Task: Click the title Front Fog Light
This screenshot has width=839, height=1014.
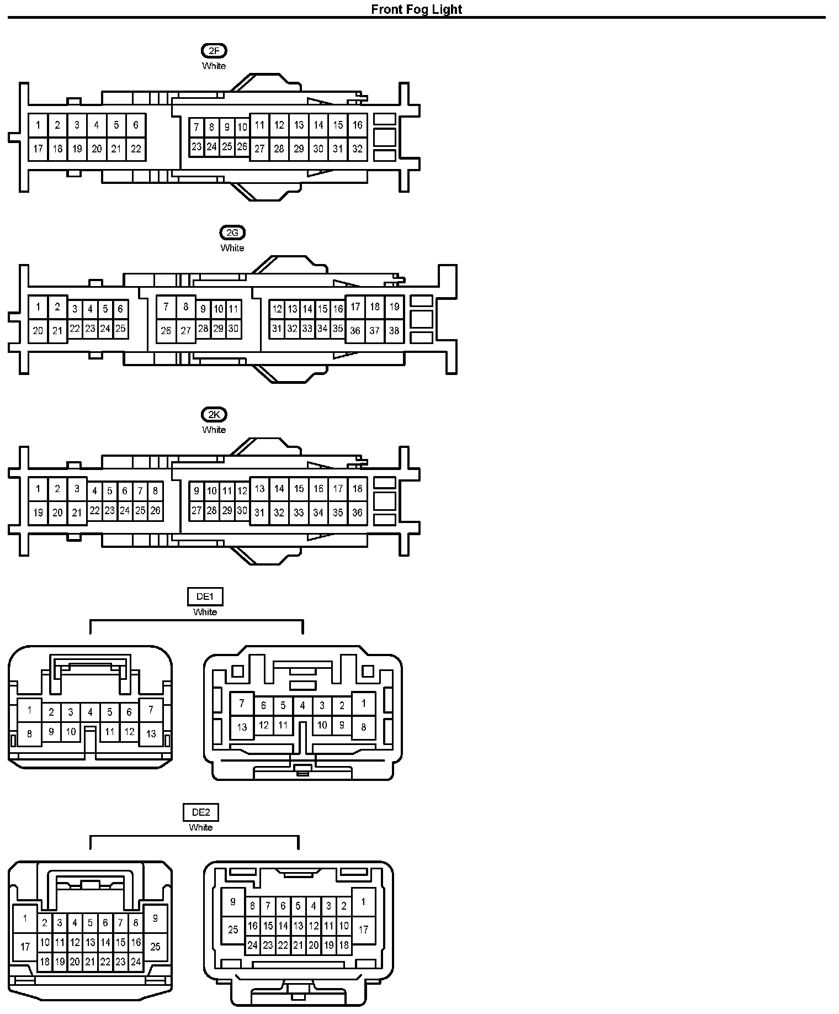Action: tap(417, 9)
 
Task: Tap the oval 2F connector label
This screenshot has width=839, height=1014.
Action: tap(214, 51)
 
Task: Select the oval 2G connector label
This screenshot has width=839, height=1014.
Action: tap(232, 233)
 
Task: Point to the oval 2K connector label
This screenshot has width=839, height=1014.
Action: tap(214, 415)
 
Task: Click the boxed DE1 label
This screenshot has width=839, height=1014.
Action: tap(205, 596)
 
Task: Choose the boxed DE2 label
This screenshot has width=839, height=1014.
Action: tap(200, 812)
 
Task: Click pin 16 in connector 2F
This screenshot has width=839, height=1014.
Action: tap(358, 125)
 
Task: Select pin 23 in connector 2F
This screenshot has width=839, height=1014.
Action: tap(197, 147)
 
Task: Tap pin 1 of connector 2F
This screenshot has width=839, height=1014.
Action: tap(38, 125)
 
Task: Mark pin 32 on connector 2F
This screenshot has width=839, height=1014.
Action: tap(358, 149)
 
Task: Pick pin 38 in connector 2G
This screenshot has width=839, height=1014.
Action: tap(394, 331)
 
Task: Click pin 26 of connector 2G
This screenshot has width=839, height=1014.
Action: tap(166, 331)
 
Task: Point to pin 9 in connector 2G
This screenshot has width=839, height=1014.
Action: tap(203, 309)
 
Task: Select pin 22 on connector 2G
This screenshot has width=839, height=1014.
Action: tap(75, 329)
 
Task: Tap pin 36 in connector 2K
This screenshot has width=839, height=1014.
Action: tap(358, 513)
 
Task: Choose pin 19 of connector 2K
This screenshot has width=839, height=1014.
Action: tap(38, 513)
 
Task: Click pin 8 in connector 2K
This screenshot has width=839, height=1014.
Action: tap(156, 490)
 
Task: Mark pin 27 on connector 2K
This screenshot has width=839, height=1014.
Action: tap(197, 511)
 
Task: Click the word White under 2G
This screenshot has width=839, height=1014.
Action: tap(232, 248)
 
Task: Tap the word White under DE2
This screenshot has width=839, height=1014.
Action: tap(200, 827)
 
